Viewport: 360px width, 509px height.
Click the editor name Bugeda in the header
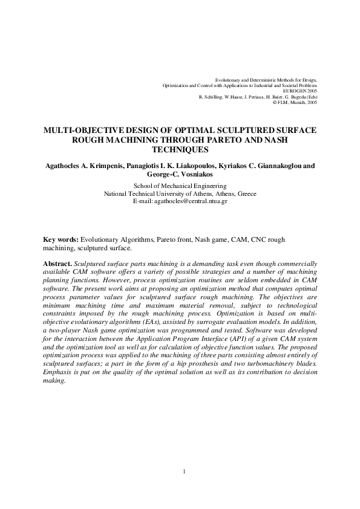(295, 97)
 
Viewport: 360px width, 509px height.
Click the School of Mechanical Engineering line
(180, 186)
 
